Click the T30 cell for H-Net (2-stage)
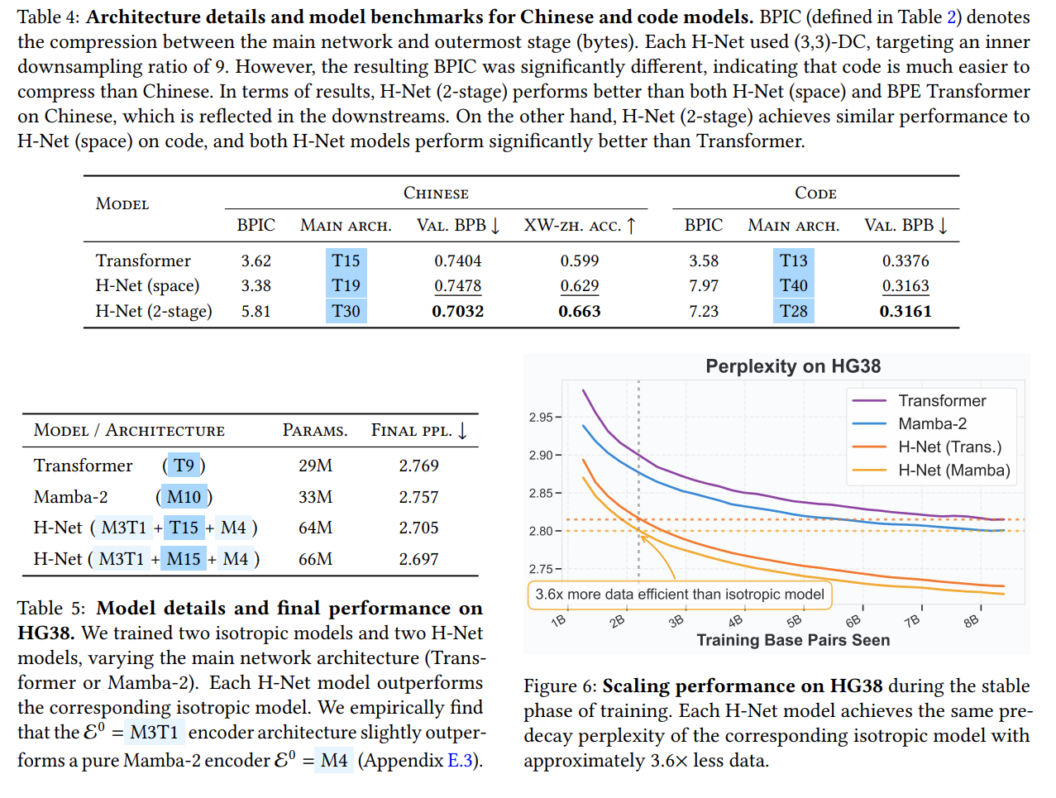[x=346, y=311]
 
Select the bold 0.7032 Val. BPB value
[x=457, y=311]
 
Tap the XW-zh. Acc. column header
[x=579, y=226]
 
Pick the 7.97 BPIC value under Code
[x=704, y=285]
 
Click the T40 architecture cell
[x=793, y=285]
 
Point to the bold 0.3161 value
[x=905, y=311]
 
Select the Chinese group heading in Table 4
[x=436, y=194]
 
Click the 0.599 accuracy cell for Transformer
[x=579, y=260]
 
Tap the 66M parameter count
[x=315, y=559]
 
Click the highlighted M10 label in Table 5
[x=184, y=497]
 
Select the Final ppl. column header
[x=418, y=431]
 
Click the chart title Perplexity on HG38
[x=792, y=366]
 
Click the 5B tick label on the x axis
[x=794, y=621]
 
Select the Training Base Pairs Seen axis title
[x=792, y=640]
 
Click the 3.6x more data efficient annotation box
[x=679, y=595]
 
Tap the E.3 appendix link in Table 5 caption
[x=459, y=761]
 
